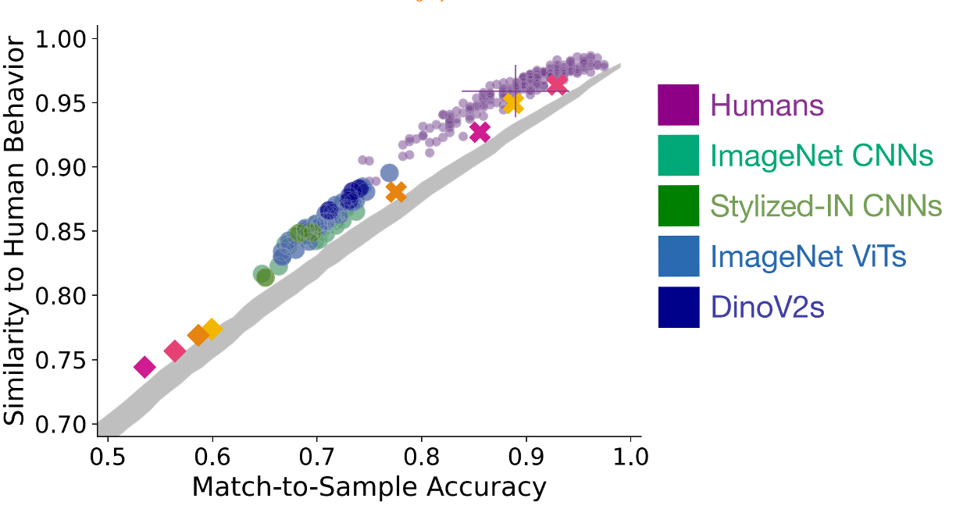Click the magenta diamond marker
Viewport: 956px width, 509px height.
coord(144,367)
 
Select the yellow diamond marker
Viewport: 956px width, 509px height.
coord(211,329)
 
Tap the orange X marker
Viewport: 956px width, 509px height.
coord(396,192)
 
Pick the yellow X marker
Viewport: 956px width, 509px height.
coord(512,103)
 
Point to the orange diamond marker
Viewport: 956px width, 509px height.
coord(198,336)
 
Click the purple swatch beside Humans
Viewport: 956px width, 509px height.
coord(678,105)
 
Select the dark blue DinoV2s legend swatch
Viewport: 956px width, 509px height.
coord(678,308)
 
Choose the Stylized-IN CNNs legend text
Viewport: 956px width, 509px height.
coord(826,206)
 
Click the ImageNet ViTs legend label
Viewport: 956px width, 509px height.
coord(808,257)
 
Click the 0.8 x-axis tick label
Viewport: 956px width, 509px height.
coord(422,456)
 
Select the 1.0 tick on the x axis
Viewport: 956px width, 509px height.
coord(630,456)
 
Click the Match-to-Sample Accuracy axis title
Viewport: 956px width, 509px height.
coord(369,487)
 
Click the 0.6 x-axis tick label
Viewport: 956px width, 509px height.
coord(212,456)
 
